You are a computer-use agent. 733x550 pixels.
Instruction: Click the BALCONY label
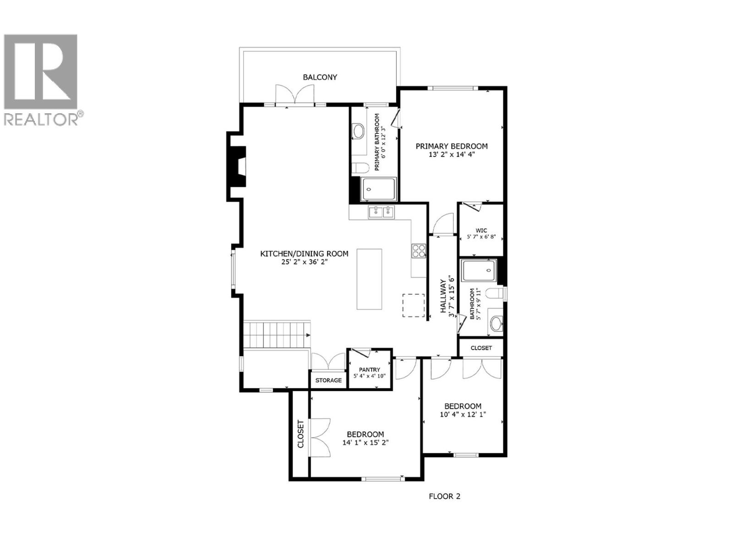320,77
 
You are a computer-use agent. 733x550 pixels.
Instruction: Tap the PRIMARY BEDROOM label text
451,146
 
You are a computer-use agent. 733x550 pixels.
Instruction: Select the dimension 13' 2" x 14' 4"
451,155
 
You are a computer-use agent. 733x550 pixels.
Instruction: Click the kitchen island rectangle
369,279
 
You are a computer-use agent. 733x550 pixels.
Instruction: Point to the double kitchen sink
382,212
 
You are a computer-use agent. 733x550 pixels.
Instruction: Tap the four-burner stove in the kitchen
418,250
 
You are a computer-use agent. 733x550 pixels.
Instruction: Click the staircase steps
276,335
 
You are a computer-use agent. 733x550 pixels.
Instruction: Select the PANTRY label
369,369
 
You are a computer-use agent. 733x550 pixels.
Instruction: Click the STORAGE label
328,380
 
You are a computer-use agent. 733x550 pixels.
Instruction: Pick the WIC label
481,231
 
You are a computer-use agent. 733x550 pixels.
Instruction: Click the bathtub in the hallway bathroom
479,270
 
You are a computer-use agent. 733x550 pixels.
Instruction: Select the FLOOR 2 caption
444,496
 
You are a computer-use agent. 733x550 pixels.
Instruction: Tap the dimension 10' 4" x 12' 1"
463,414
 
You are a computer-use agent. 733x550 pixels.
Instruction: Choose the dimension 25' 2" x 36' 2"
305,263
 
